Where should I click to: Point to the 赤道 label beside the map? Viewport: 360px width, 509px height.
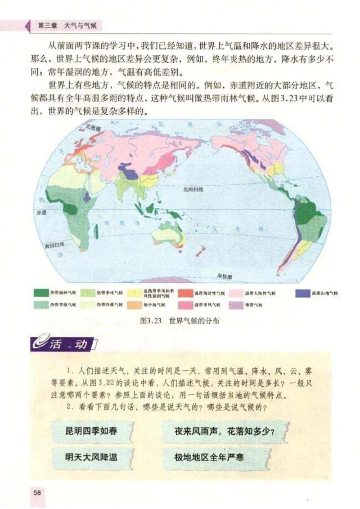point(41,212)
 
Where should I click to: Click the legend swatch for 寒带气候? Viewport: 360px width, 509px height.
point(236,305)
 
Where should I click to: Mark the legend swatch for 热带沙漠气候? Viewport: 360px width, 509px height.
point(88,305)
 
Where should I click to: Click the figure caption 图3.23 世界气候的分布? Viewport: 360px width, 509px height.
point(180,321)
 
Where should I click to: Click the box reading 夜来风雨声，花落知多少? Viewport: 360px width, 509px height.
point(225,430)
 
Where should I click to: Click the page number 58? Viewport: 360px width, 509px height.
point(37,492)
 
